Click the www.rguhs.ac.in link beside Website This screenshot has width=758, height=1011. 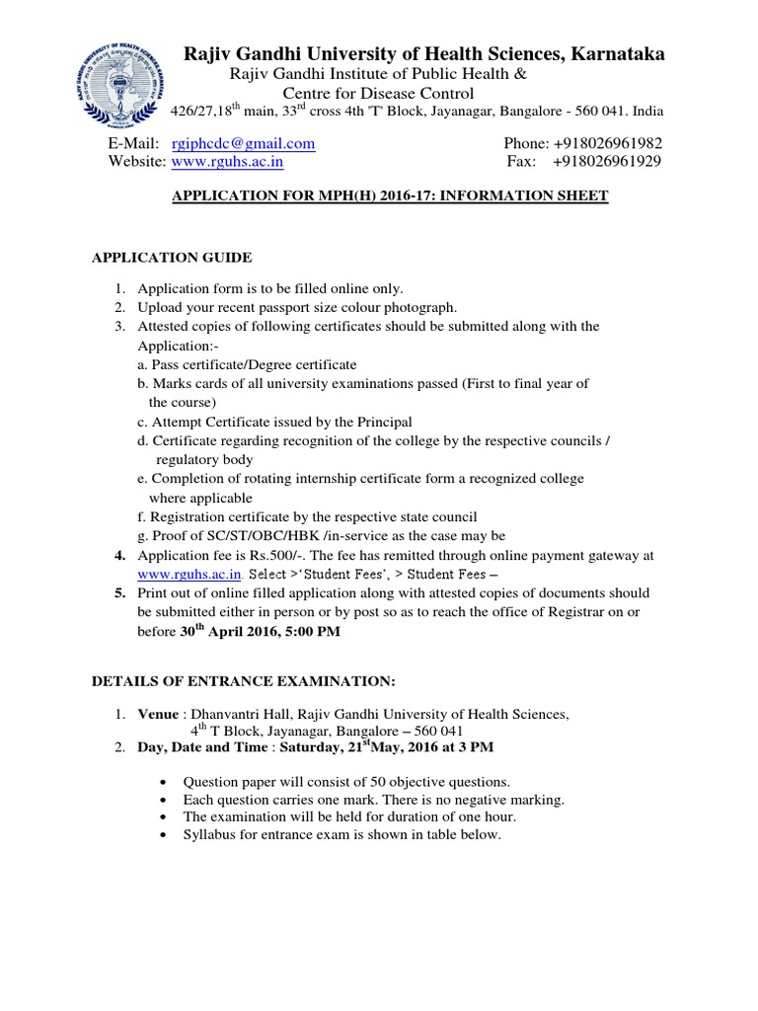click(229, 162)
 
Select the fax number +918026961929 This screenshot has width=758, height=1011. click(607, 162)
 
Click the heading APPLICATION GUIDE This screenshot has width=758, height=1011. click(172, 258)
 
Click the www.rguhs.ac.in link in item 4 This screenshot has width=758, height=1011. click(189, 574)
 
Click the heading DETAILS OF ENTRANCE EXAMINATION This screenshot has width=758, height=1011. click(243, 681)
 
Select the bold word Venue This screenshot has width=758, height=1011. click(158, 714)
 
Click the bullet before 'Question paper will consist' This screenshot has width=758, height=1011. click(163, 781)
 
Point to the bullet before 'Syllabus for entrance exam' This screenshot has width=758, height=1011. click(163, 835)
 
